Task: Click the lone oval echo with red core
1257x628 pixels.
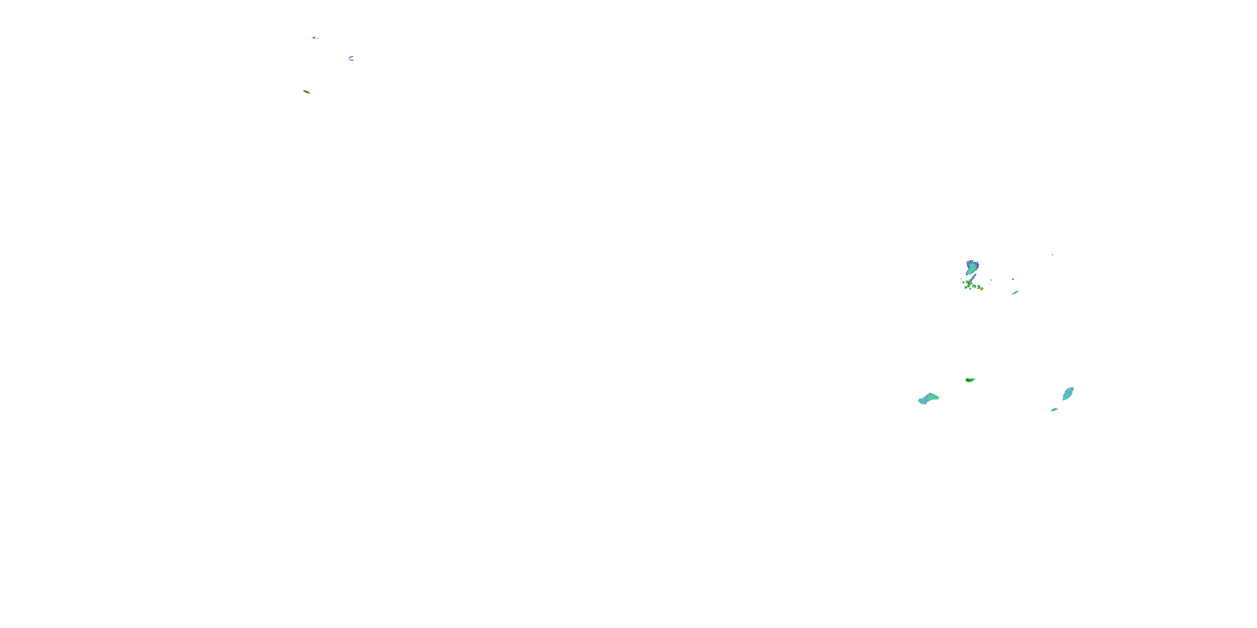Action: pos(306,92)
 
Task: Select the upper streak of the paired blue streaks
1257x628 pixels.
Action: pos(352,57)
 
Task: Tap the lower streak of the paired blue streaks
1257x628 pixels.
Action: pos(352,60)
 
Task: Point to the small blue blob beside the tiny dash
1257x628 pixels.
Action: pos(315,38)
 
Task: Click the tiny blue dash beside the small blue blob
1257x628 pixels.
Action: pos(318,39)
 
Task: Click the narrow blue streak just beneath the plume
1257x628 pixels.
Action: pos(974,278)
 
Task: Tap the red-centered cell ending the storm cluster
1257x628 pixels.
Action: pos(982,289)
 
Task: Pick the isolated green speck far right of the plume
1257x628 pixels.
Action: pos(1053,255)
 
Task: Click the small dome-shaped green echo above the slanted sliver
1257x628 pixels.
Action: pos(1013,279)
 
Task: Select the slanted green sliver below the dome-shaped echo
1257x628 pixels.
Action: pos(1016,293)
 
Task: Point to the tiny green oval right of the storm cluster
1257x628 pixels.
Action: pos(991,281)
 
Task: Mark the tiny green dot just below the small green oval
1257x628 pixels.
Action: pos(991,285)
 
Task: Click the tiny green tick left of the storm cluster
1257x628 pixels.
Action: pos(961,279)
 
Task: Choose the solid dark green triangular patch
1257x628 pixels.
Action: pos(970,380)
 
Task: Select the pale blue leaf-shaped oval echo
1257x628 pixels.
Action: pos(1068,394)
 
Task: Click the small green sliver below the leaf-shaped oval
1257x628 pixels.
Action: pos(1054,409)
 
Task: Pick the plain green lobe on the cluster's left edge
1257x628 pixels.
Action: pos(964,283)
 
